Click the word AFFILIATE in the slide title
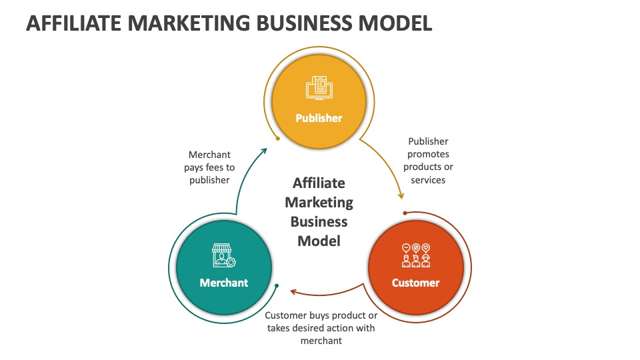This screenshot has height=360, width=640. (74, 23)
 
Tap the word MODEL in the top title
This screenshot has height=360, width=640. (395, 23)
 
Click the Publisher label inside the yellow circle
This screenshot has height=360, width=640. (319, 118)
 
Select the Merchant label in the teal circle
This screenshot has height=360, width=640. (224, 283)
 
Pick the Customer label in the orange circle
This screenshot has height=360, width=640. (415, 283)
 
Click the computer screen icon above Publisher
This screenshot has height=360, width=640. (319, 88)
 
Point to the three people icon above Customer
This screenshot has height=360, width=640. (416, 255)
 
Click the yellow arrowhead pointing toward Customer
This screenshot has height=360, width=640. (401, 195)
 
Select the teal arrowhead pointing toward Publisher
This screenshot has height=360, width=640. (264, 151)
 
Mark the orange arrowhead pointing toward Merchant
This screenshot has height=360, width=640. (294, 291)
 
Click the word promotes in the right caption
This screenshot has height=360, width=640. (428, 154)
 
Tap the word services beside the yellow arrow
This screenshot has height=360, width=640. (428, 180)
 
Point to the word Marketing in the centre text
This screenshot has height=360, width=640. (319, 203)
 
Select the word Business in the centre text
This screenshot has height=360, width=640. (319, 221)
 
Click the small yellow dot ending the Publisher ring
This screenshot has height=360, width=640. (278, 139)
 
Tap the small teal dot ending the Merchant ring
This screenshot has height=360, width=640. (276, 286)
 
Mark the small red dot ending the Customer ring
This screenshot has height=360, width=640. (405, 213)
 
